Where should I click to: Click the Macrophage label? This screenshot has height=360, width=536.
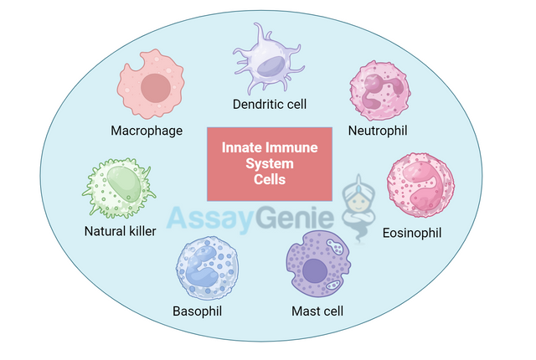(147, 131)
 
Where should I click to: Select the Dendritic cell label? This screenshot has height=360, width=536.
(270, 105)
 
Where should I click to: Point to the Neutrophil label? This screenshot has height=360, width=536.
(378, 131)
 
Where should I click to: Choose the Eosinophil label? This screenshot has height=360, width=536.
(411, 231)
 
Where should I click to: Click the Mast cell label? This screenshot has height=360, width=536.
(317, 311)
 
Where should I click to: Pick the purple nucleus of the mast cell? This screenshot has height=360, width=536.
(315, 270)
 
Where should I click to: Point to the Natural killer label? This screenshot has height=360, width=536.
(120, 231)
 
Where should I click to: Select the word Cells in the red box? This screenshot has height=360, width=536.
(270, 179)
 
